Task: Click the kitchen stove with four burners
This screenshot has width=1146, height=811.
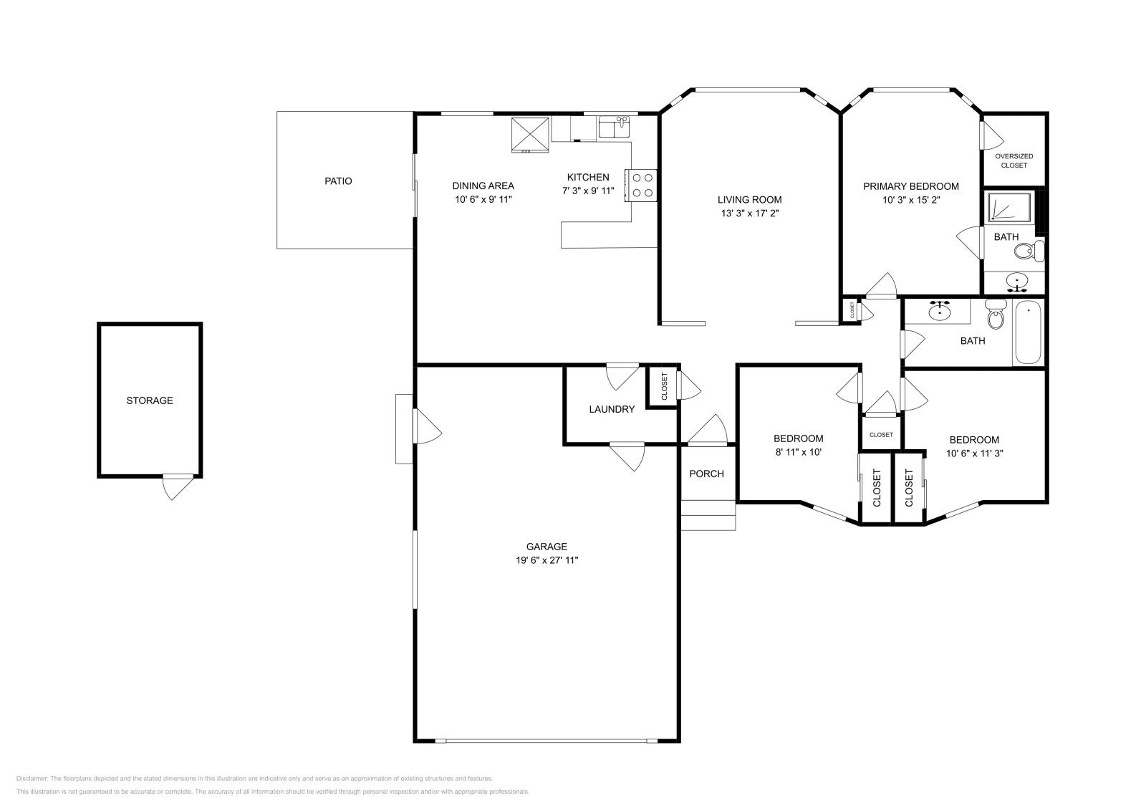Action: pyautogui.click(x=642, y=185)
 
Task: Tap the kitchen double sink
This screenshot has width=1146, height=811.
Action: pyautogui.click(x=614, y=128)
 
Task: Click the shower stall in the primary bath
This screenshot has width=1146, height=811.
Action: pyautogui.click(x=1010, y=207)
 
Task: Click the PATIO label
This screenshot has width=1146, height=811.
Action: pyautogui.click(x=338, y=181)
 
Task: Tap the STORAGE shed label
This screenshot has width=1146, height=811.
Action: pyautogui.click(x=150, y=400)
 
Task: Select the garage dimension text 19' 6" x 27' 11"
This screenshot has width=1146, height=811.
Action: pyautogui.click(x=546, y=560)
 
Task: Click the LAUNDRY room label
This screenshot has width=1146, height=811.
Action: pyautogui.click(x=612, y=409)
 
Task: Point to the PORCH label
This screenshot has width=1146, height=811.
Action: pyautogui.click(x=706, y=474)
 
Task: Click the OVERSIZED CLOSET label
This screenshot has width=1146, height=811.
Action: pyautogui.click(x=1013, y=160)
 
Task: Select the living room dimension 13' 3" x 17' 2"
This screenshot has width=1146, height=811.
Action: pyautogui.click(x=749, y=213)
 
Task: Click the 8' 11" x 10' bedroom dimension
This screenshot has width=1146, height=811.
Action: pyautogui.click(x=798, y=452)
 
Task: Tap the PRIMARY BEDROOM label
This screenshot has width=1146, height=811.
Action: pyautogui.click(x=910, y=186)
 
